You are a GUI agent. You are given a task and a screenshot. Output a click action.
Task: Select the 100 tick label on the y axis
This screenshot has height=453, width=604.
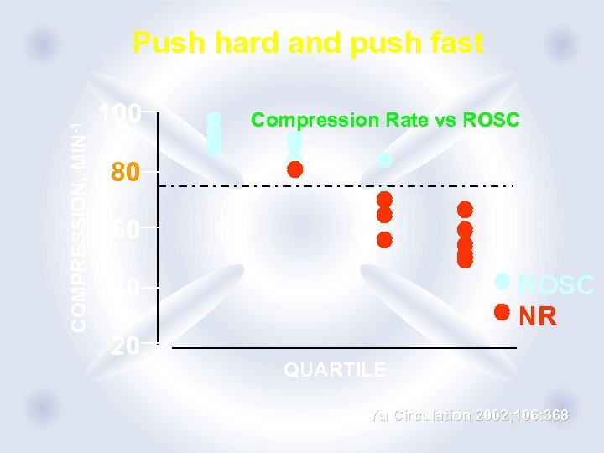(119, 113)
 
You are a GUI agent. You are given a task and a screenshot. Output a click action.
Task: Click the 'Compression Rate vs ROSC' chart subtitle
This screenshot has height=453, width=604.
(385, 120)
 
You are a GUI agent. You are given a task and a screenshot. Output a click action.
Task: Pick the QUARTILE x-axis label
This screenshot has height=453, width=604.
(335, 369)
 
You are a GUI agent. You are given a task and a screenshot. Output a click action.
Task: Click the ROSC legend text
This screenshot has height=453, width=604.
(556, 285)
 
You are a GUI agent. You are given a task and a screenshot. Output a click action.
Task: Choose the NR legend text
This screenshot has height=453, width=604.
(537, 316)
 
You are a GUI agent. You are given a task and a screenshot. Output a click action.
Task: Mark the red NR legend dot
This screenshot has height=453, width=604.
(502, 312)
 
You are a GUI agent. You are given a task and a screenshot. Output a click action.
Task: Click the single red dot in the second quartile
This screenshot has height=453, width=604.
(294, 169)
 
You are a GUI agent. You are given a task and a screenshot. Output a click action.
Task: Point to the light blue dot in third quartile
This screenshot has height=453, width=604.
(385, 159)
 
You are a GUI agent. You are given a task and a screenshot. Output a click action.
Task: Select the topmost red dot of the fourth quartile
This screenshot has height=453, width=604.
(465, 209)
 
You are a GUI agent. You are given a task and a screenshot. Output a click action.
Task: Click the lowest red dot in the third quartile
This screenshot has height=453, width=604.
(384, 239)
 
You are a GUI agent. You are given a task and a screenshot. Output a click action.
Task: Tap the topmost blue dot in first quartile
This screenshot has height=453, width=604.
(214, 118)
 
